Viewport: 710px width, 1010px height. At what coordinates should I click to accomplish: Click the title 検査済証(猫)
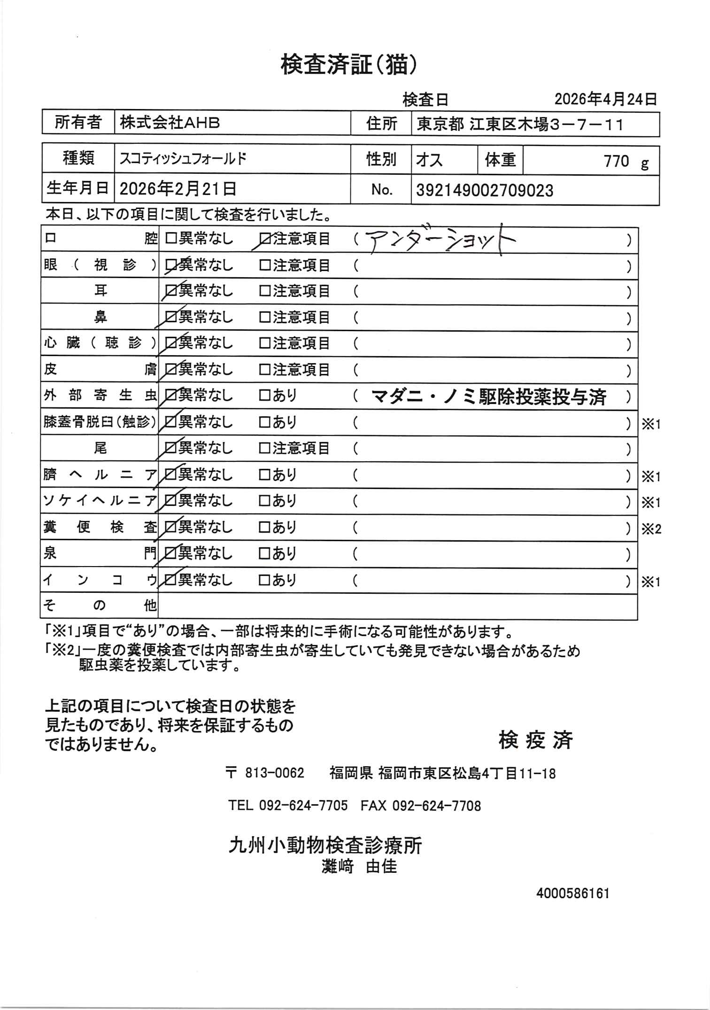pos(348,65)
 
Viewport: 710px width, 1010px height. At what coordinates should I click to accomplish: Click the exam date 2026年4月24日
pos(605,99)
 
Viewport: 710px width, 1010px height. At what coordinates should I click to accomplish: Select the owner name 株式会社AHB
pos(170,124)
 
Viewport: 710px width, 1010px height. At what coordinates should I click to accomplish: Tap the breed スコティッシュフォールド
pos(183,159)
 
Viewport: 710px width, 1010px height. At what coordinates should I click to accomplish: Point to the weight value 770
pos(616,162)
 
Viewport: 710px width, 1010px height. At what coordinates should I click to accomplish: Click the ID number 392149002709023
pos(485,191)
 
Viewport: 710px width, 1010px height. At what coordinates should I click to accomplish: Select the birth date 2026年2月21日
pos(178,189)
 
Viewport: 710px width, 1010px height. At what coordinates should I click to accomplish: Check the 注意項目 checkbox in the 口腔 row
pos(265,240)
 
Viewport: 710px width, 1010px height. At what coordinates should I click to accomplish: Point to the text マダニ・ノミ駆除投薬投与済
pos(489,397)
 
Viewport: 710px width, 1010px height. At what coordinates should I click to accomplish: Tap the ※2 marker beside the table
pos(651,529)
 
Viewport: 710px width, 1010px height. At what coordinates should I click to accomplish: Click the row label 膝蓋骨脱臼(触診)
pos(100,422)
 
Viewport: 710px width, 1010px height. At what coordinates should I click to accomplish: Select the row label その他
pos(100,606)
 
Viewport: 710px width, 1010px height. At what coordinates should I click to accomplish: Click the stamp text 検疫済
pos(536,741)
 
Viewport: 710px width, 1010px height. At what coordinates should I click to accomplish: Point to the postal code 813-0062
pos(275,773)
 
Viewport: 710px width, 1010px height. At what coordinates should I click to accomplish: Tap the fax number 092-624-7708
pos(436,806)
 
